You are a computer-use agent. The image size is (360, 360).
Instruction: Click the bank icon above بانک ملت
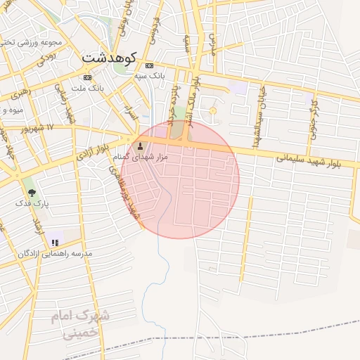(x=87, y=77)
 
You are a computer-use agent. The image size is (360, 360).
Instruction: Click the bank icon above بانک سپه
(x=149, y=65)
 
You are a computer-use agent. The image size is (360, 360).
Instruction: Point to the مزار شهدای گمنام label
(x=141, y=157)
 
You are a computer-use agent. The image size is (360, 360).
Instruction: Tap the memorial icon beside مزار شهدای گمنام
(x=139, y=147)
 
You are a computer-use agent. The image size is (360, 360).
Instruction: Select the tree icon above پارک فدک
(x=32, y=191)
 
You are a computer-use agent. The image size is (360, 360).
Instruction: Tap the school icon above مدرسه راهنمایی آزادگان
(x=55, y=243)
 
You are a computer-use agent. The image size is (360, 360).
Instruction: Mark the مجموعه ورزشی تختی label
(x=35, y=41)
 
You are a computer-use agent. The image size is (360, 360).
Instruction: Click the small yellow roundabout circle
(x=213, y=110)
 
